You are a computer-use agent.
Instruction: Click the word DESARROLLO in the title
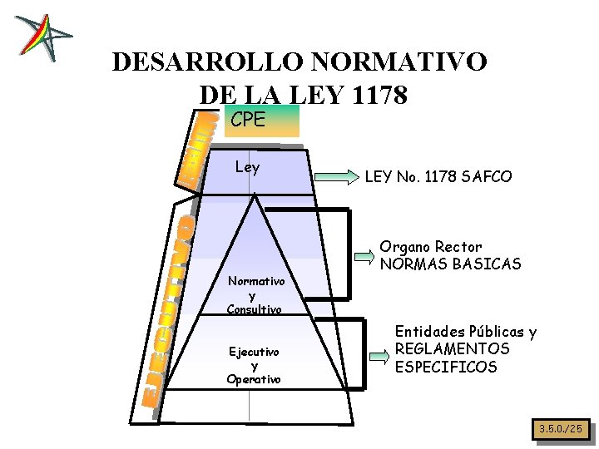[207, 62]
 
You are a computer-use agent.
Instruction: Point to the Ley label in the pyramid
[247, 167]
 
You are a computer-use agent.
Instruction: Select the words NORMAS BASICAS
[450, 264]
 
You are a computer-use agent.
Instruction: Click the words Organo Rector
[431, 247]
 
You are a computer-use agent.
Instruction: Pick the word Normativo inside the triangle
[256, 282]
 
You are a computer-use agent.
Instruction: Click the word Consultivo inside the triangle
[255, 309]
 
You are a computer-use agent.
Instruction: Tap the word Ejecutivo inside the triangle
[255, 352]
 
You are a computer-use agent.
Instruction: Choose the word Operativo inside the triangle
[254, 379]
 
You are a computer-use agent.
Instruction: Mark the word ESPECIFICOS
[445, 367]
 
